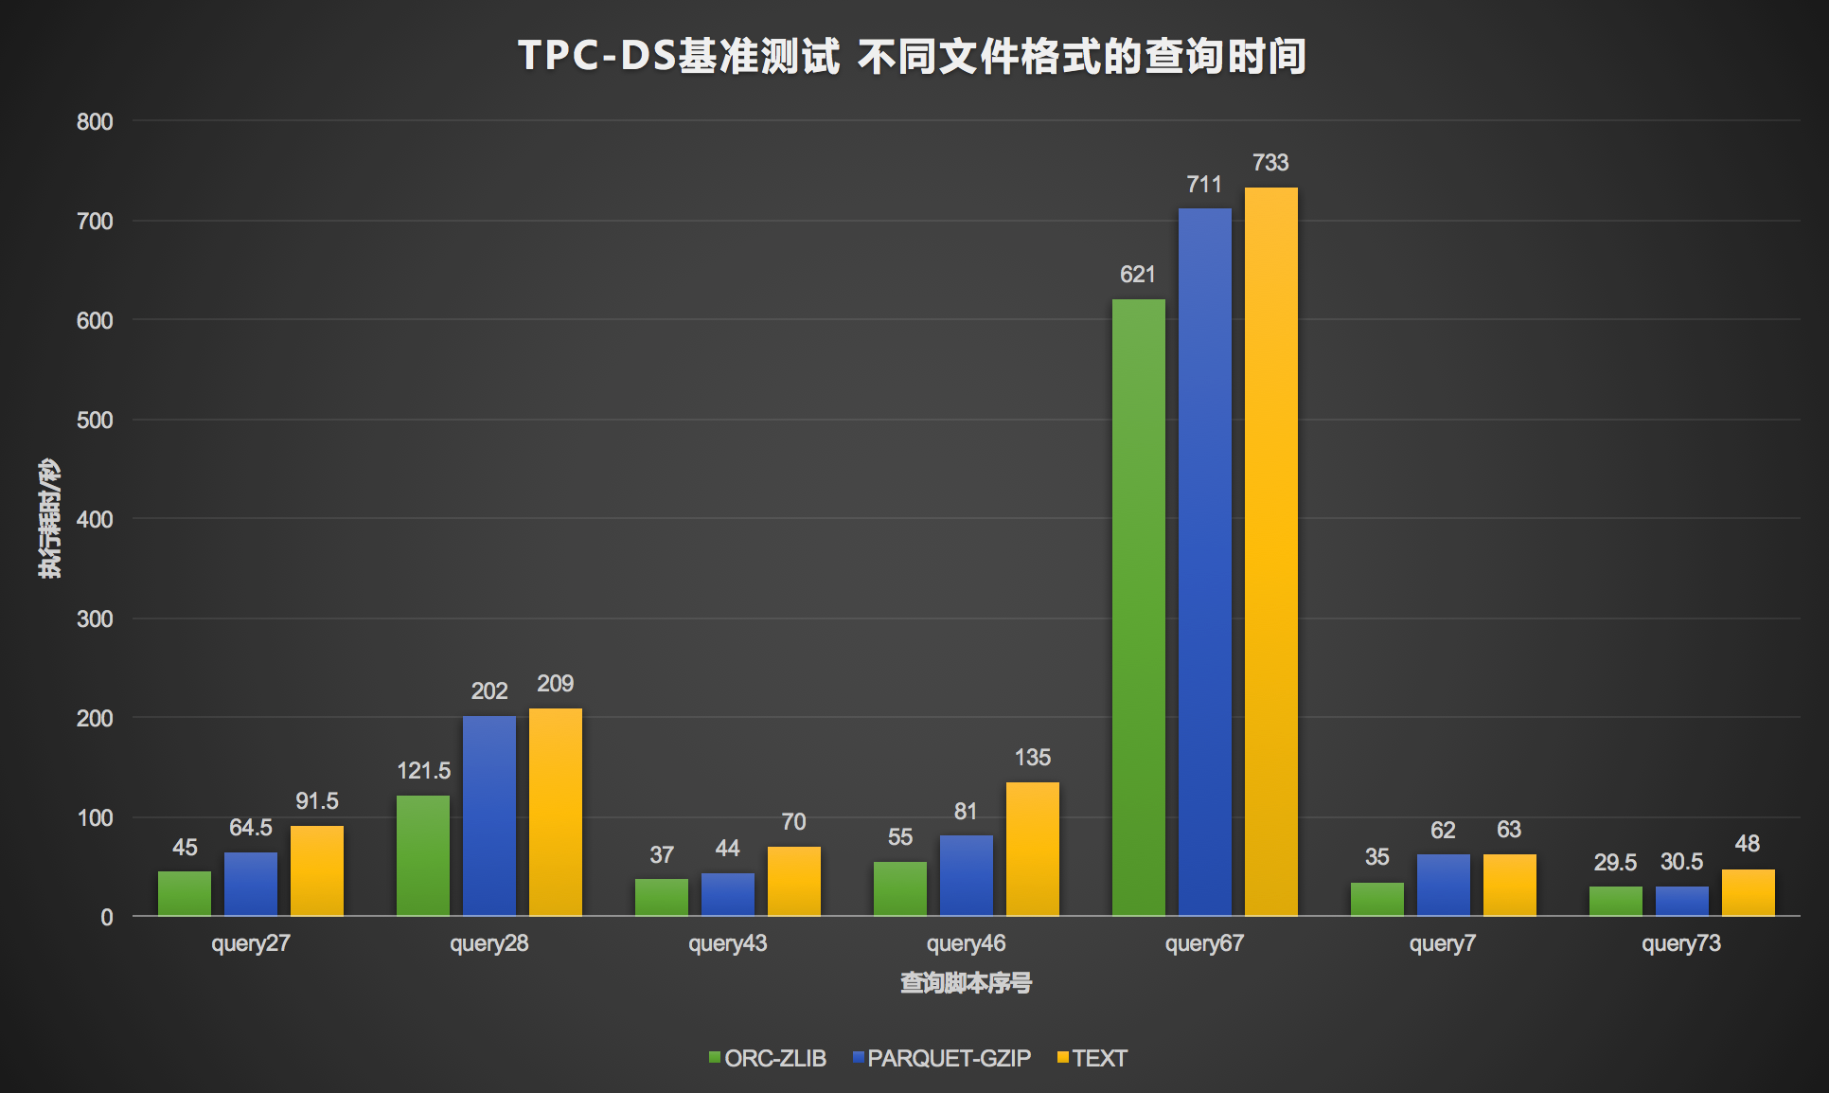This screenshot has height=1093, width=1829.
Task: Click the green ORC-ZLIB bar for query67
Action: tap(1138, 606)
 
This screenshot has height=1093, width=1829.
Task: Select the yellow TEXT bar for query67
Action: tap(1270, 549)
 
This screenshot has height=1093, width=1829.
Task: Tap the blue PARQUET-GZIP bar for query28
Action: tap(489, 815)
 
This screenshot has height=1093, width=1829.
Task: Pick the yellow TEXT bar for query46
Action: tap(1032, 849)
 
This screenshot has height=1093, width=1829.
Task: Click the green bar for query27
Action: tap(185, 893)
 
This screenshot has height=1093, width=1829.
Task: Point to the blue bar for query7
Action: tap(1443, 885)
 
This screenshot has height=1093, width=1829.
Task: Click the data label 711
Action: tap(1204, 185)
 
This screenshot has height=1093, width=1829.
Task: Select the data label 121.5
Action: tap(423, 771)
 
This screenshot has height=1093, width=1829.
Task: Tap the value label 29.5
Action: tap(1615, 863)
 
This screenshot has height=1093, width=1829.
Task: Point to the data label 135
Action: tap(1032, 758)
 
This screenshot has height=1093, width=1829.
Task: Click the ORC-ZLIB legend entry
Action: tap(768, 1058)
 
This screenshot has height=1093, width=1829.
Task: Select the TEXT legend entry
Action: tap(1092, 1058)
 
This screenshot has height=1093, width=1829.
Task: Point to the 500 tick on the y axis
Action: tap(95, 421)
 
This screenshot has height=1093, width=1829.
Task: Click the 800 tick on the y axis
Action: tap(95, 122)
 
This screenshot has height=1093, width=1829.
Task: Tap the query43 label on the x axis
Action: tap(727, 943)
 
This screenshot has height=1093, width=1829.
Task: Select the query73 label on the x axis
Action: tap(1680, 943)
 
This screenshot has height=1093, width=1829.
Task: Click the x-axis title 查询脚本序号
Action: tap(966, 983)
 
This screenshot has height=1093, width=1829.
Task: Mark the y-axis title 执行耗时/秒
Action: tap(49, 518)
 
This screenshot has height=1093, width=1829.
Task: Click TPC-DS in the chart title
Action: tap(596, 56)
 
